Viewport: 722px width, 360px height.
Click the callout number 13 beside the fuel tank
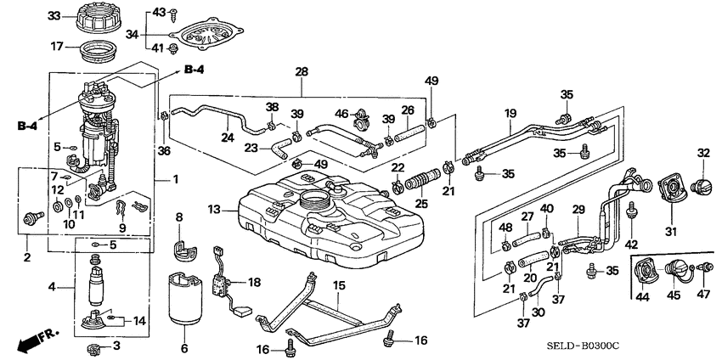point(214,209)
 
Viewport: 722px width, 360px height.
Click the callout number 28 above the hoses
point(300,73)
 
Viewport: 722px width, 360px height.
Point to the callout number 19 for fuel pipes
point(510,113)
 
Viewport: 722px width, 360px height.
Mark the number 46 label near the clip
point(341,113)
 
